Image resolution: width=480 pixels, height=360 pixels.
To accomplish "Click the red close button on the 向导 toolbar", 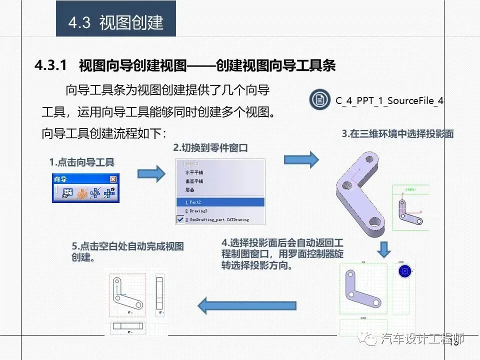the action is [x=113, y=179].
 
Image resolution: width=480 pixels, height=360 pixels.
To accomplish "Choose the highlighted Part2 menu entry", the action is [x=220, y=202].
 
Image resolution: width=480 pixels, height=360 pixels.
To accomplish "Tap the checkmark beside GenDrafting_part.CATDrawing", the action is [x=180, y=219].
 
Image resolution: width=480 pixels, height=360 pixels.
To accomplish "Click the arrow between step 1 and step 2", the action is [x=151, y=173].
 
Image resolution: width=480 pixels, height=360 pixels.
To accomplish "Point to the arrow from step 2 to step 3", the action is [x=301, y=159].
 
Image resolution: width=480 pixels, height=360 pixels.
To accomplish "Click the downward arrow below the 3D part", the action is [x=383, y=248].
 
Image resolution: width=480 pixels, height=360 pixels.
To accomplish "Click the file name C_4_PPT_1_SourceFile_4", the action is [x=389, y=100].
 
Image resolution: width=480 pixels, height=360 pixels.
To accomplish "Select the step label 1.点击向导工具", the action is [x=81, y=162].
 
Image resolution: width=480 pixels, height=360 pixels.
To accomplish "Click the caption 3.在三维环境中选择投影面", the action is [x=397, y=134].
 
